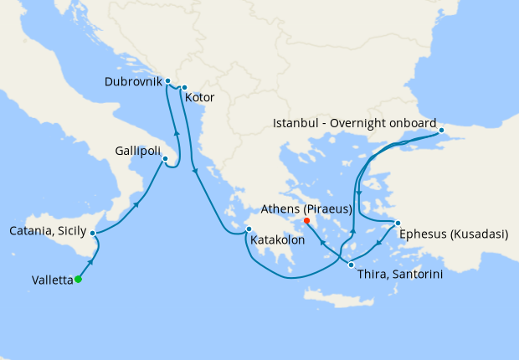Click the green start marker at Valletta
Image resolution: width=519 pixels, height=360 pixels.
(78, 280)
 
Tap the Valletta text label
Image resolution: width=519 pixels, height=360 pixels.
(43, 280)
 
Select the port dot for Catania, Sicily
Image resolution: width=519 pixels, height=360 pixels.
(93, 233)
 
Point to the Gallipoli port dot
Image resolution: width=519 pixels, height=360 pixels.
(165, 159)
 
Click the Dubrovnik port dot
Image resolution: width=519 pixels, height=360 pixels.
(168, 81)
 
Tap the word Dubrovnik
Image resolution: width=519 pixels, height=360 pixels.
(133, 82)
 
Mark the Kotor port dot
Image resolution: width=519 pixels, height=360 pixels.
(183, 86)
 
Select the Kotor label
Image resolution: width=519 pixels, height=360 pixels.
(200, 98)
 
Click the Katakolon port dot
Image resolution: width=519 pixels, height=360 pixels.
(248, 229)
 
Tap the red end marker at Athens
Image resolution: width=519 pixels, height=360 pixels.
(306, 221)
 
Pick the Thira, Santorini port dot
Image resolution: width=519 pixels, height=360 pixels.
(351, 265)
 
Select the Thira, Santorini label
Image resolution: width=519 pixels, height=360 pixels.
(398, 274)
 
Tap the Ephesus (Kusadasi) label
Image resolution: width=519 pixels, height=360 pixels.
(453, 234)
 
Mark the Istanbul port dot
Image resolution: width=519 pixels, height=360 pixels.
(441, 131)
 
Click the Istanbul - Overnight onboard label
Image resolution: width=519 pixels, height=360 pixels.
(355, 124)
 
